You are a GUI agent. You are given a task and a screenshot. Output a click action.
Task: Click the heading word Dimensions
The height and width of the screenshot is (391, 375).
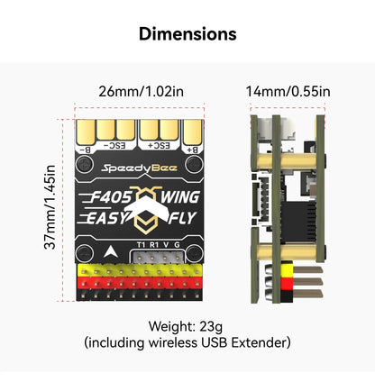pyautogui.click(x=187, y=34)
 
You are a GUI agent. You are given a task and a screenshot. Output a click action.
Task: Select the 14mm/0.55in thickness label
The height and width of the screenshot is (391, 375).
pyautogui.click(x=288, y=91)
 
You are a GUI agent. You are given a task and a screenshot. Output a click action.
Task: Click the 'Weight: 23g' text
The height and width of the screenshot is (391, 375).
pyautogui.click(x=187, y=326)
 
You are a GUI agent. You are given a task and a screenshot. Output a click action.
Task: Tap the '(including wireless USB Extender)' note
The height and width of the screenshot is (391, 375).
pyautogui.click(x=187, y=343)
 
